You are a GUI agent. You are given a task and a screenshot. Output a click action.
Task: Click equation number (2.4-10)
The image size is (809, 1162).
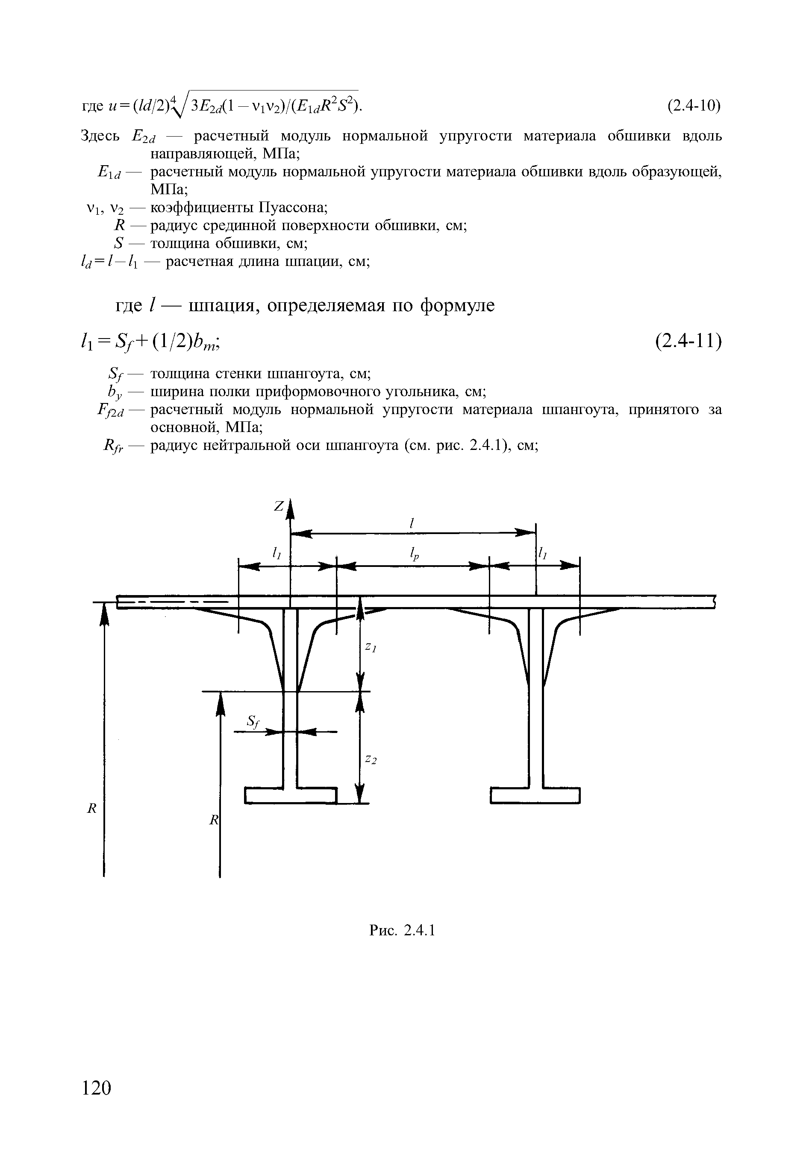pos(694,106)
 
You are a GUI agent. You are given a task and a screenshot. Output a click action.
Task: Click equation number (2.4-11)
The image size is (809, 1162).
pos(688,342)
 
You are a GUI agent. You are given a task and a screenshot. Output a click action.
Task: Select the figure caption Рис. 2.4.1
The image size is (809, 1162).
pos(402,930)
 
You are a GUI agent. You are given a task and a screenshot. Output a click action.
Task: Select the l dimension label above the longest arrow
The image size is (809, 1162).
pos(412,523)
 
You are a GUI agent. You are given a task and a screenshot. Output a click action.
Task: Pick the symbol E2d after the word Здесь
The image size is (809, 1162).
pos(143,136)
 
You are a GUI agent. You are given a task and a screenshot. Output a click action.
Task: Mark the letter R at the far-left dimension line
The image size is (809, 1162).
pos(92,808)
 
